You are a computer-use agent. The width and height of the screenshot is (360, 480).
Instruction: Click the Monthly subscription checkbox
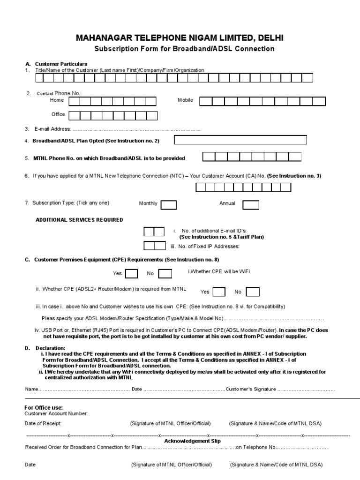point(169,204)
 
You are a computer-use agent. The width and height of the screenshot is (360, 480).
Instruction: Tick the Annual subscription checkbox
point(251,204)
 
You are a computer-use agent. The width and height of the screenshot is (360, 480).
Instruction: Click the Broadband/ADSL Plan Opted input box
point(240,140)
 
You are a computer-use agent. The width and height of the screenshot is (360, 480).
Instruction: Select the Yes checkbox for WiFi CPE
point(131,274)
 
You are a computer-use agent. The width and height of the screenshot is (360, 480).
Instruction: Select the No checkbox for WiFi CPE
point(165,274)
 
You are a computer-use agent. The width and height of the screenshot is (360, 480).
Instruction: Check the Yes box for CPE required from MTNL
point(218,292)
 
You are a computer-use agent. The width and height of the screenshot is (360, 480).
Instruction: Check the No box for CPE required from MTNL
point(253,292)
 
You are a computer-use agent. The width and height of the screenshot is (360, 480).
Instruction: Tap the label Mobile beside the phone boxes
point(185,100)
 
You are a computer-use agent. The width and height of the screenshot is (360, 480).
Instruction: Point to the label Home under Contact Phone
point(57,100)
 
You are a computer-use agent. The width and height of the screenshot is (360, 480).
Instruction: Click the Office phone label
point(58,114)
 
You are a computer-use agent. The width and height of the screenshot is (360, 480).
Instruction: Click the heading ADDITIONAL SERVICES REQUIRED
point(80,220)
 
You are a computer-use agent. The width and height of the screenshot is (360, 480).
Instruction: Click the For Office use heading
point(44,407)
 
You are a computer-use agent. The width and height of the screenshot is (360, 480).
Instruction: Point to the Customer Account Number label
point(56,413)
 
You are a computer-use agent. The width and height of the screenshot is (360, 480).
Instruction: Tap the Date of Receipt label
point(43,423)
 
